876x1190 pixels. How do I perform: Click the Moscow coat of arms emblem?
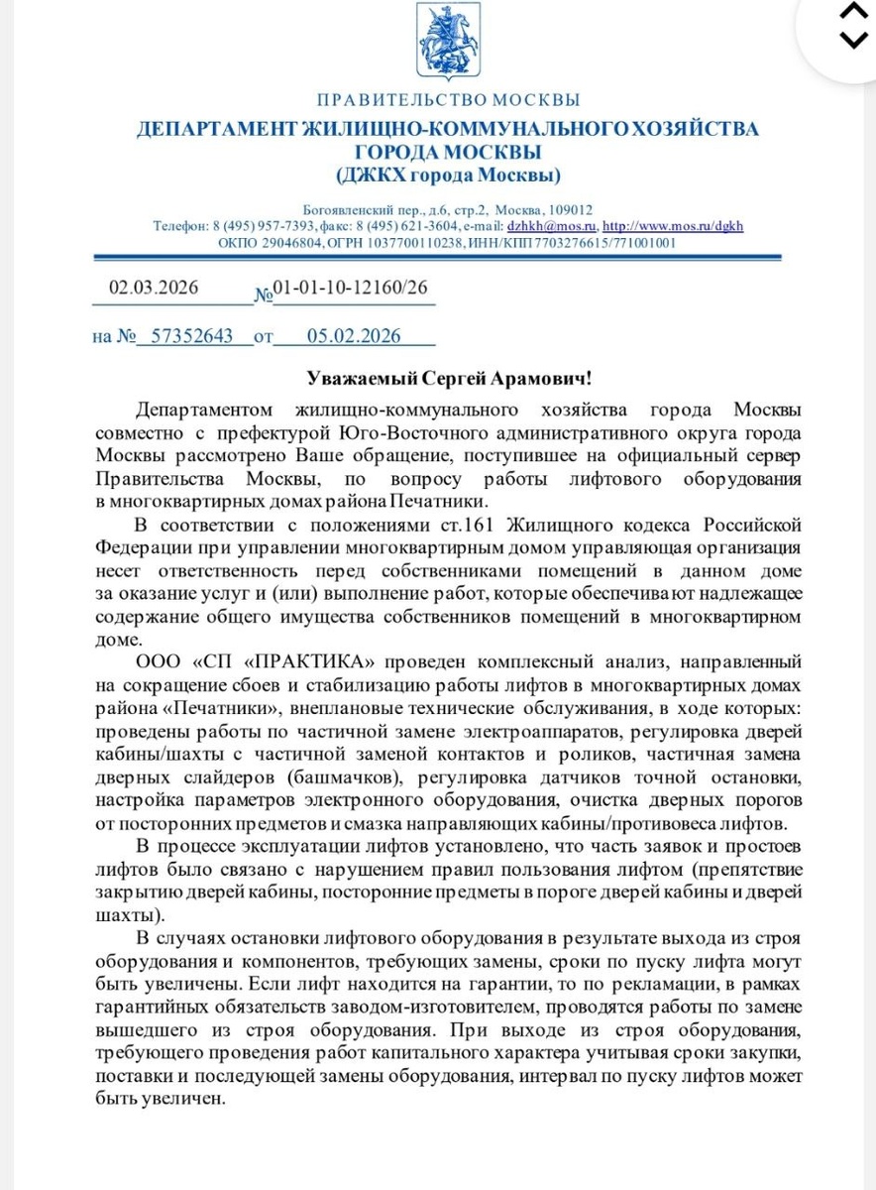(448, 45)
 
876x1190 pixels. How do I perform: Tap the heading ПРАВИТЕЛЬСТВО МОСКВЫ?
(448, 100)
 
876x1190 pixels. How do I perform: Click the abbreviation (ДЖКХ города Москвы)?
(448, 176)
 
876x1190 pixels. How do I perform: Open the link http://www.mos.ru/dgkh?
(673, 226)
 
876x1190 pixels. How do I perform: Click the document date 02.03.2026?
(154, 289)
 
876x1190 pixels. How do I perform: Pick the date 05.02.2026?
(354, 336)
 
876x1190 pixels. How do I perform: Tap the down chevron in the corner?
(853, 40)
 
